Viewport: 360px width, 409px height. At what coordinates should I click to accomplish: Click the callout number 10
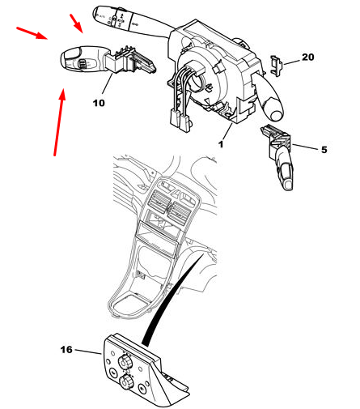pyautogui.click(x=99, y=103)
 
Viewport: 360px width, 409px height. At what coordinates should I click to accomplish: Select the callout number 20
pyautogui.click(x=308, y=57)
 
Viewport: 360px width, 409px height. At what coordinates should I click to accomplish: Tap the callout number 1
pyautogui.click(x=221, y=144)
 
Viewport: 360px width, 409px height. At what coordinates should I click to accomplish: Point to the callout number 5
pyautogui.click(x=324, y=150)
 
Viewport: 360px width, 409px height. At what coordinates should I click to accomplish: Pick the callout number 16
pyautogui.click(x=66, y=350)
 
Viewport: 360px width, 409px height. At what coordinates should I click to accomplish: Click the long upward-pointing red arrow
pyautogui.click(x=59, y=122)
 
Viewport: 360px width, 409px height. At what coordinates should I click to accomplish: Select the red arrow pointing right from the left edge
pyautogui.click(x=32, y=33)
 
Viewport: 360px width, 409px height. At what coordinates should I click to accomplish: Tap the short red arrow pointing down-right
pyautogui.click(x=76, y=23)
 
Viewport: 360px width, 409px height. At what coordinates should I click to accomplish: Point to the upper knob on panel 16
pyautogui.click(x=125, y=360)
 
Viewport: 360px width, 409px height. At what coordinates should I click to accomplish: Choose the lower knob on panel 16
pyautogui.click(x=125, y=381)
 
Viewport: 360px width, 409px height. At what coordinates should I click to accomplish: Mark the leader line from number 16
pyautogui.click(x=88, y=351)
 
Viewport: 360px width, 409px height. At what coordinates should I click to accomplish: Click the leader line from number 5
pyautogui.click(x=305, y=147)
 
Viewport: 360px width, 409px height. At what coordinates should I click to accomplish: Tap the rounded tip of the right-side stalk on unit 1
pyautogui.click(x=277, y=115)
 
